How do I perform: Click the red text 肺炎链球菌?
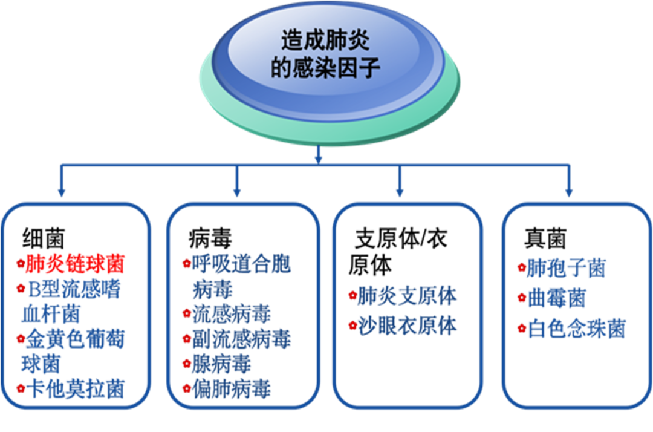75,264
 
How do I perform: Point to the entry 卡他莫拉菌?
75,389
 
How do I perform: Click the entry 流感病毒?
232,313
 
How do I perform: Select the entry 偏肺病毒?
232,388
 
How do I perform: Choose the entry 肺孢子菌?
566,268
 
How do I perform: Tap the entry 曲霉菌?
557,298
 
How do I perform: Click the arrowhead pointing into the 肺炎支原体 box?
399,192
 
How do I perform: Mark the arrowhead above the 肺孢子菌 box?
568,192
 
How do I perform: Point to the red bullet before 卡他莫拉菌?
19,388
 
